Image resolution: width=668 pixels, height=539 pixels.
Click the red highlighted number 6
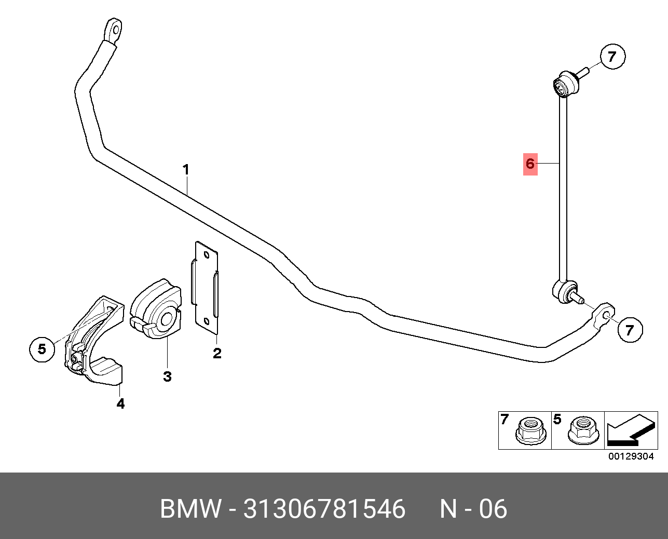point(530,164)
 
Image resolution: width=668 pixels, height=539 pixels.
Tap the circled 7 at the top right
point(612,57)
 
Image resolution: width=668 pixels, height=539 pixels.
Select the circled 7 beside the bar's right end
point(630,330)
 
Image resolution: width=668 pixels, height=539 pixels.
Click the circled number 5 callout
point(42,349)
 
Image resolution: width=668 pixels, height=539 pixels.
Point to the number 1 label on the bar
point(186,170)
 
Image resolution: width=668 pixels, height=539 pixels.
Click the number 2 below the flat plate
point(217,353)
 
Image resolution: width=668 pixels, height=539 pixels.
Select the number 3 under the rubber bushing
point(167,376)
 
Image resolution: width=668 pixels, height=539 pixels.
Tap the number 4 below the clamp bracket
point(120,403)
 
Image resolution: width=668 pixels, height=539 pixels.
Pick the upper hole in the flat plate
point(206,255)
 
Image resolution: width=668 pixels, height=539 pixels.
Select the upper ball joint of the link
point(566,84)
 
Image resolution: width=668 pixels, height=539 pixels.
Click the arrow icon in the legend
point(631,429)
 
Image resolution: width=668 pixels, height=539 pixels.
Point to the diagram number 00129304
point(631,456)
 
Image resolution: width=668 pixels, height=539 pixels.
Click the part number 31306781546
point(324,509)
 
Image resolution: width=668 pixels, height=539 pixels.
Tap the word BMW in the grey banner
point(191,509)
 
